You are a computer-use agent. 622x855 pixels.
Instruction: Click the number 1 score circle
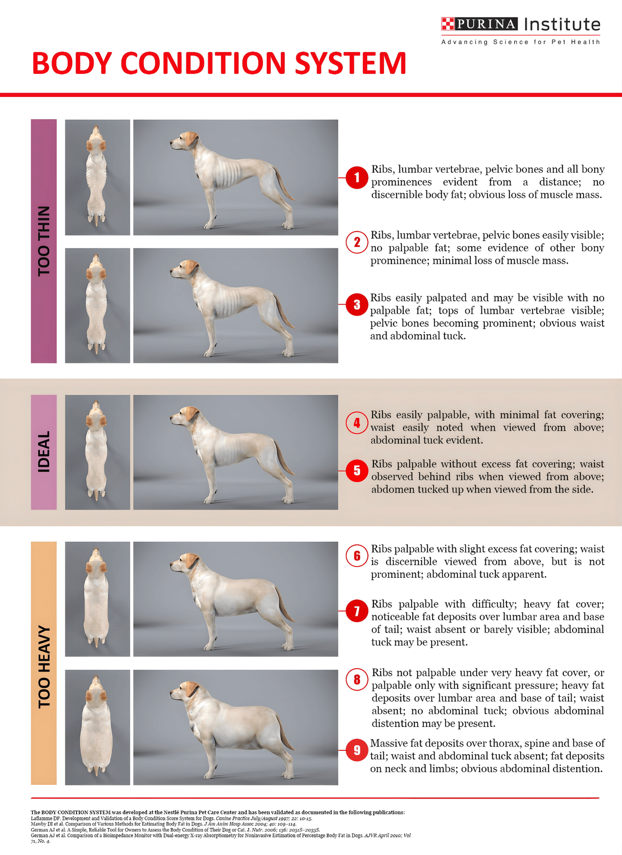coord(357,177)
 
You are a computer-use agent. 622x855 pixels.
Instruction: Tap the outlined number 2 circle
coord(357,242)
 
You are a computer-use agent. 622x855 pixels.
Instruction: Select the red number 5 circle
coord(357,471)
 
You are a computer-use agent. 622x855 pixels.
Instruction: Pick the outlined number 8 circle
coord(357,679)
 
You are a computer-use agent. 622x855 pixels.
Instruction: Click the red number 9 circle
coord(357,750)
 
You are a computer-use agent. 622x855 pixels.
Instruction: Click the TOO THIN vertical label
coord(44,241)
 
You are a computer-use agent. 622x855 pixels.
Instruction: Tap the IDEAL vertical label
coord(44,452)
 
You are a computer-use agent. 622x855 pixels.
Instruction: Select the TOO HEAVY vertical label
coord(44,667)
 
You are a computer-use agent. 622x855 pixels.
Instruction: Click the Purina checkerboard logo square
coord(447,24)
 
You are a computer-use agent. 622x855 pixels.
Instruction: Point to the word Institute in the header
coord(562,24)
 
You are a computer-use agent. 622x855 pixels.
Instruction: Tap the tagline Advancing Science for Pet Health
coord(521,42)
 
